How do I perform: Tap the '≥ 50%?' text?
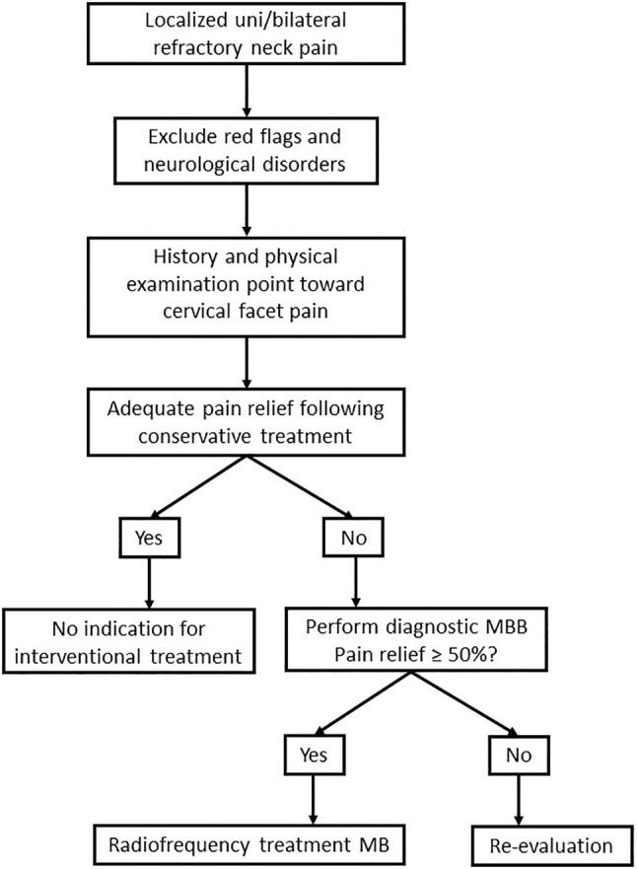pos(547,655)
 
